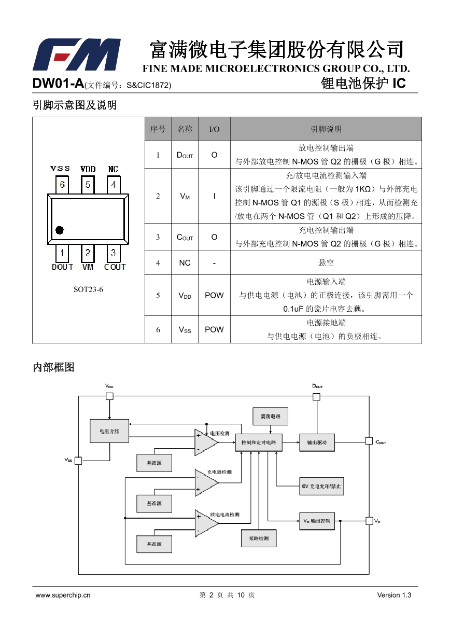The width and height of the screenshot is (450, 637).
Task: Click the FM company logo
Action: (77, 54)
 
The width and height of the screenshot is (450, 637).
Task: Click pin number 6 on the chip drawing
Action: (62, 185)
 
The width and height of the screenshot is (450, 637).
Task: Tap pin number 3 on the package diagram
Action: (114, 253)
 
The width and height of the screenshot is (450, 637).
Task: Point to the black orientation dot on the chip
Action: (60, 230)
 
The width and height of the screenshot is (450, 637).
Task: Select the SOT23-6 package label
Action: (88, 289)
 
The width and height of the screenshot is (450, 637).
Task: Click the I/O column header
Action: (214, 129)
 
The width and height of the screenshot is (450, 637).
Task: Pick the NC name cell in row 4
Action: (185, 263)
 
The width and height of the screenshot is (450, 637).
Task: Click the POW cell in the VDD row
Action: (214, 295)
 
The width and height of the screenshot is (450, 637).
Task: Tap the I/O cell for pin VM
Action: (214, 196)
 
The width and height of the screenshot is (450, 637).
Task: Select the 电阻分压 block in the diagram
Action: (109, 431)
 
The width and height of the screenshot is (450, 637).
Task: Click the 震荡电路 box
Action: (270, 417)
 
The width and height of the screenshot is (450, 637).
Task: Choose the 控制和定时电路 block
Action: (259, 442)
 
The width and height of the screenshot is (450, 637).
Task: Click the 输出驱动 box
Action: (317, 442)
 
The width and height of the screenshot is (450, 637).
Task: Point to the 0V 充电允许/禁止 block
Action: (321, 486)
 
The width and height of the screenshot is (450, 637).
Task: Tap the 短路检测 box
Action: (259, 538)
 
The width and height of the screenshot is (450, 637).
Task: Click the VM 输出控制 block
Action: (317, 521)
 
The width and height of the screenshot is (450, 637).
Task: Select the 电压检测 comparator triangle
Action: (206, 442)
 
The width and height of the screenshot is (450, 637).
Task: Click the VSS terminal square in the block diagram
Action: (78, 461)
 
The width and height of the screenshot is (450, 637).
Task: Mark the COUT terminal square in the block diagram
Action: (369, 441)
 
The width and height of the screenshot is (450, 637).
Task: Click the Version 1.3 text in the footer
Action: (394, 595)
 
